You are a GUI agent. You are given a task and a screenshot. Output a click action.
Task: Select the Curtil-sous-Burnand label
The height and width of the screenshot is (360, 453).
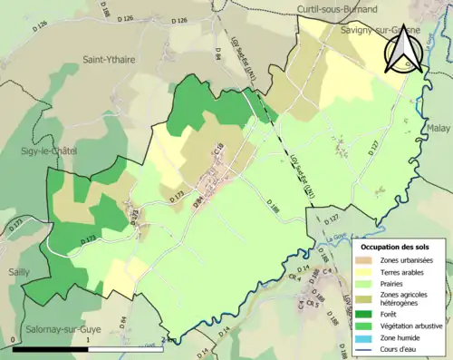(334, 8)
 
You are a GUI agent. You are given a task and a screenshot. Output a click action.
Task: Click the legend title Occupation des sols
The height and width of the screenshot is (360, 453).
(396, 247)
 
